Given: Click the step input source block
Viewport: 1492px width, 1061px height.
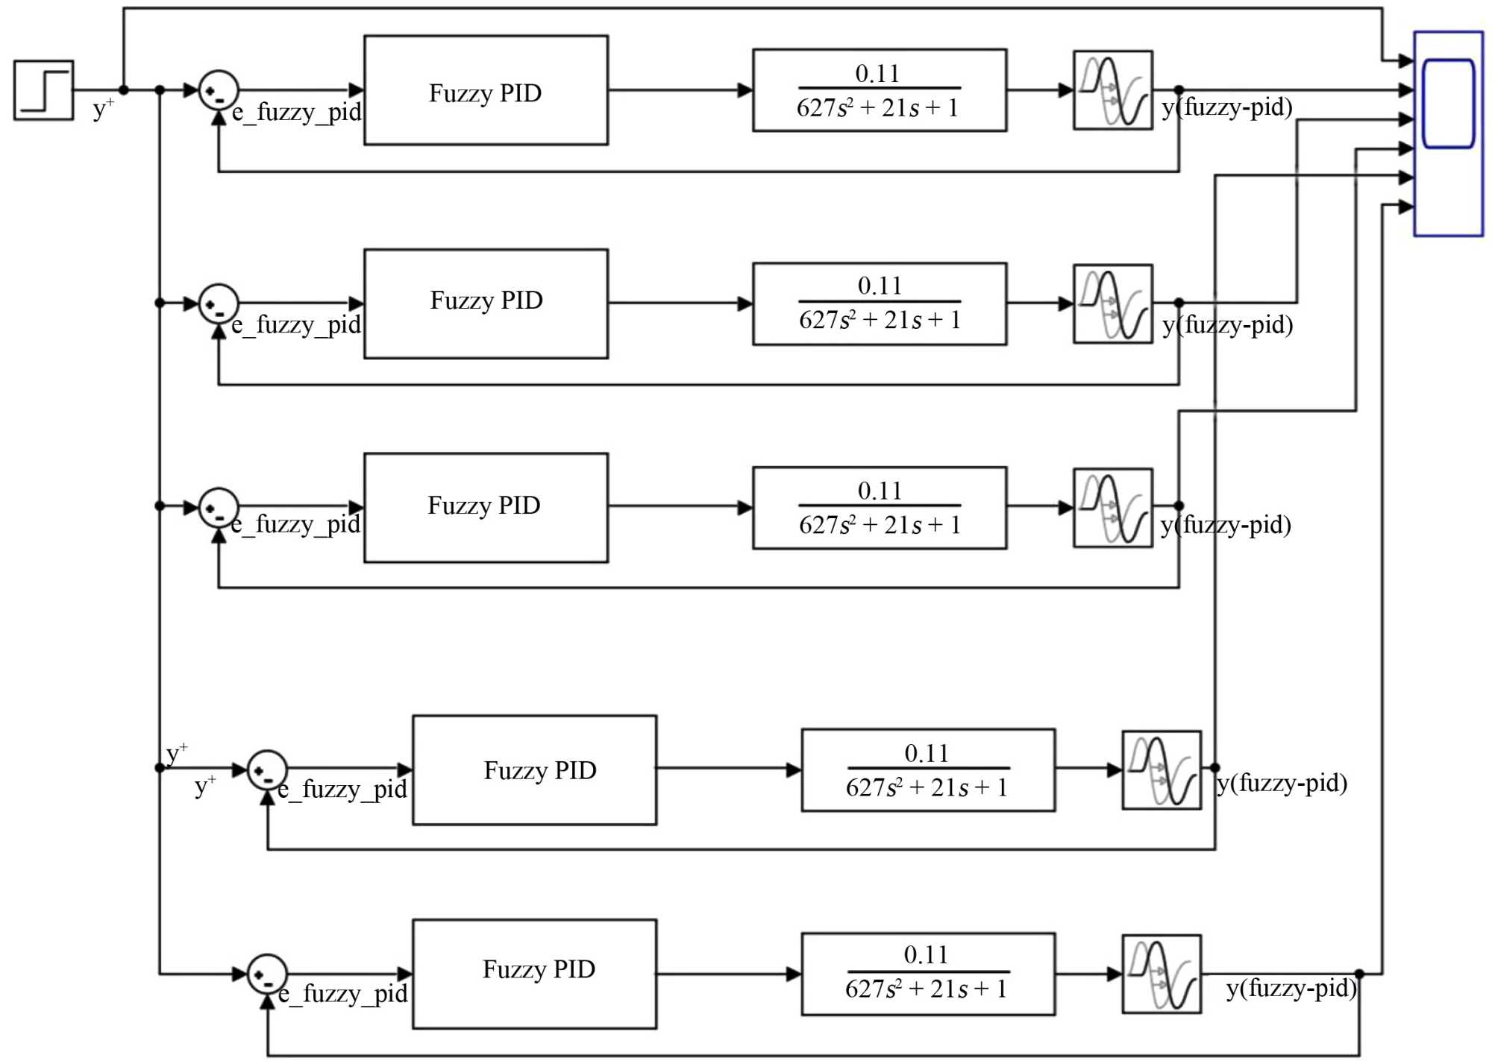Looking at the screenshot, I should click(43, 90).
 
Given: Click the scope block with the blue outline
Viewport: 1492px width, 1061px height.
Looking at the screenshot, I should click(1448, 133).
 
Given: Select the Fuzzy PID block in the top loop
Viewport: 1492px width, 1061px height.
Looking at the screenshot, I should click(486, 90).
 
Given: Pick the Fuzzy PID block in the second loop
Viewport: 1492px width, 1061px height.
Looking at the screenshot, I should click(486, 303).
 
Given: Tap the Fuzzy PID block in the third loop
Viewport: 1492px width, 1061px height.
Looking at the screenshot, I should click(486, 508).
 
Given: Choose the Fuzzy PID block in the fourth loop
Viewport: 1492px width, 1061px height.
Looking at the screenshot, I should click(534, 770).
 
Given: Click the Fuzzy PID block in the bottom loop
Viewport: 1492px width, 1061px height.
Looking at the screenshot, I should click(534, 974).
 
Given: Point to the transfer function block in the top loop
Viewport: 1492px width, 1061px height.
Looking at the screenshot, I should click(879, 90).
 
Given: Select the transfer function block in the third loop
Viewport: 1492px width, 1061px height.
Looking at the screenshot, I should click(879, 508).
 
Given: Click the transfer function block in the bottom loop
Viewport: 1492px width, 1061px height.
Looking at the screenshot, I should click(927, 974).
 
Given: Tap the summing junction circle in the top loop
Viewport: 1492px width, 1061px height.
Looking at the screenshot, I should click(219, 91).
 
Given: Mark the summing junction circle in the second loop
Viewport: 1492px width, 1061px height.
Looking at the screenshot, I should click(219, 303).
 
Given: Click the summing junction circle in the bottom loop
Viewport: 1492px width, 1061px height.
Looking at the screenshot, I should click(267, 974).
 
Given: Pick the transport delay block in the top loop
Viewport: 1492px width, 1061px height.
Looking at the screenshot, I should click(1112, 90).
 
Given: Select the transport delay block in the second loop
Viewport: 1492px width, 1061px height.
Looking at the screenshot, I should click(1112, 303).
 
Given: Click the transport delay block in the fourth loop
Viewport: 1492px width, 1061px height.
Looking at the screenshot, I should click(1161, 770).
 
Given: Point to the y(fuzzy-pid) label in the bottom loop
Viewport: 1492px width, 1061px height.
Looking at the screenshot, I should click(1291, 989).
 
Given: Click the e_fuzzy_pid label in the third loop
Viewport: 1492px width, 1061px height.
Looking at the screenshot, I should click(295, 525).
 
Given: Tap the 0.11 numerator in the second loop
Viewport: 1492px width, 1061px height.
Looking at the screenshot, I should click(880, 286).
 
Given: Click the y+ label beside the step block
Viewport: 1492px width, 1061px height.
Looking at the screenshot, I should click(103, 109).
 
